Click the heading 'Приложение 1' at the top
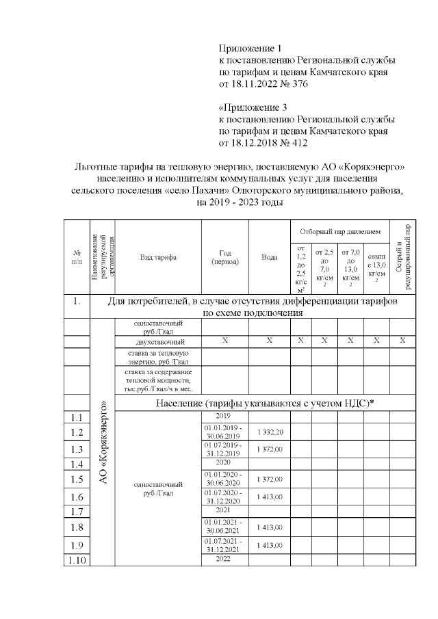pyautogui.click(x=250, y=49)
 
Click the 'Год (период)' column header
pyautogui.click(x=224, y=257)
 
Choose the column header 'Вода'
pyautogui.click(x=269, y=257)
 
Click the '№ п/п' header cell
pyautogui.click(x=77, y=257)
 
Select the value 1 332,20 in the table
pyautogui.click(x=269, y=432)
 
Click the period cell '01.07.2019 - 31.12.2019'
pyautogui.click(x=224, y=449)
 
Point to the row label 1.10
pyautogui.click(x=77, y=561)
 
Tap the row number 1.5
pyautogui.click(x=77, y=479)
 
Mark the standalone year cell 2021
pyautogui.click(x=224, y=510)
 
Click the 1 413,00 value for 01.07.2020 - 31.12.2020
pyautogui.click(x=269, y=495)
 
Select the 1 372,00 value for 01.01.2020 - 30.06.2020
pyautogui.click(x=269, y=479)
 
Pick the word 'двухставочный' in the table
pyautogui.click(x=157, y=341)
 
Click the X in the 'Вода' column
pyautogui.click(x=269, y=341)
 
